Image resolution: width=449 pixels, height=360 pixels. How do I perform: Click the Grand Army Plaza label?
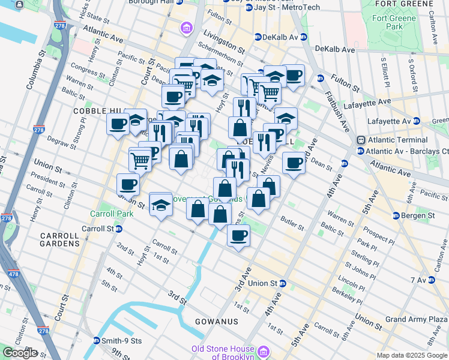click(x=417, y=319)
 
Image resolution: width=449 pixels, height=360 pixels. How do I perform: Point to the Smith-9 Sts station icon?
click(x=96, y=341)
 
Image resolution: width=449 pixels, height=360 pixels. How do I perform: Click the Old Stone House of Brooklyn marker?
click(x=263, y=352)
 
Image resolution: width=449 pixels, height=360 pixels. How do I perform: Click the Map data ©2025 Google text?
click(x=412, y=355)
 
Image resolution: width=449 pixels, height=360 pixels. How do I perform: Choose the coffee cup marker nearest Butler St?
click(x=238, y=235)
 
